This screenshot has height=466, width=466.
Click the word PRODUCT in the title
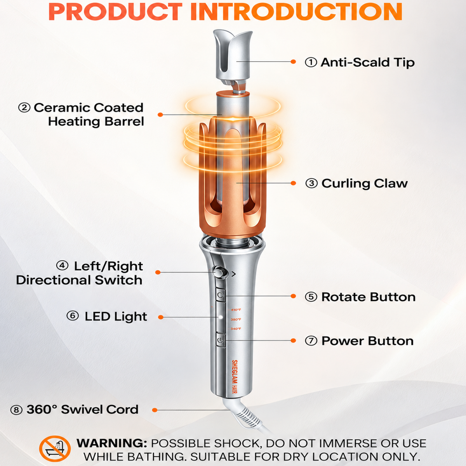click(115, 12)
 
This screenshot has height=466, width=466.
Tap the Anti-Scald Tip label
click(368, 63)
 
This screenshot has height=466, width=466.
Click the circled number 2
click(24, 108)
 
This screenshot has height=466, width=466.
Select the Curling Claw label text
click(364, 183)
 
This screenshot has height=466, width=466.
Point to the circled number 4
click(62, 266)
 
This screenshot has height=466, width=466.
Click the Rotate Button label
click(368, 297)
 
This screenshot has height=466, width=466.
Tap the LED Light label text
click(116, 316)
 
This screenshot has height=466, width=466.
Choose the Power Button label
click(367, 341)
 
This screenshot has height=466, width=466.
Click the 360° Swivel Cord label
click(82, 410)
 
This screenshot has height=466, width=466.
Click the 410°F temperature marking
click(236, 310)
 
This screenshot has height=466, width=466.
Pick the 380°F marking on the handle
click(236, 320)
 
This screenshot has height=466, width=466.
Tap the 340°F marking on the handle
click(236, 329)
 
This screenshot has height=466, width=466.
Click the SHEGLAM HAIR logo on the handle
click(234, 380)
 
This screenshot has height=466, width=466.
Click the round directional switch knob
click(219, 272)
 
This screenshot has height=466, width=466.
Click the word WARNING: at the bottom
click(112, 443)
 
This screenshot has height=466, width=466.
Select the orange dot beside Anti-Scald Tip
click(293, 62)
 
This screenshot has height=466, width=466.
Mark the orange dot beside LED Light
click(160, 317)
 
